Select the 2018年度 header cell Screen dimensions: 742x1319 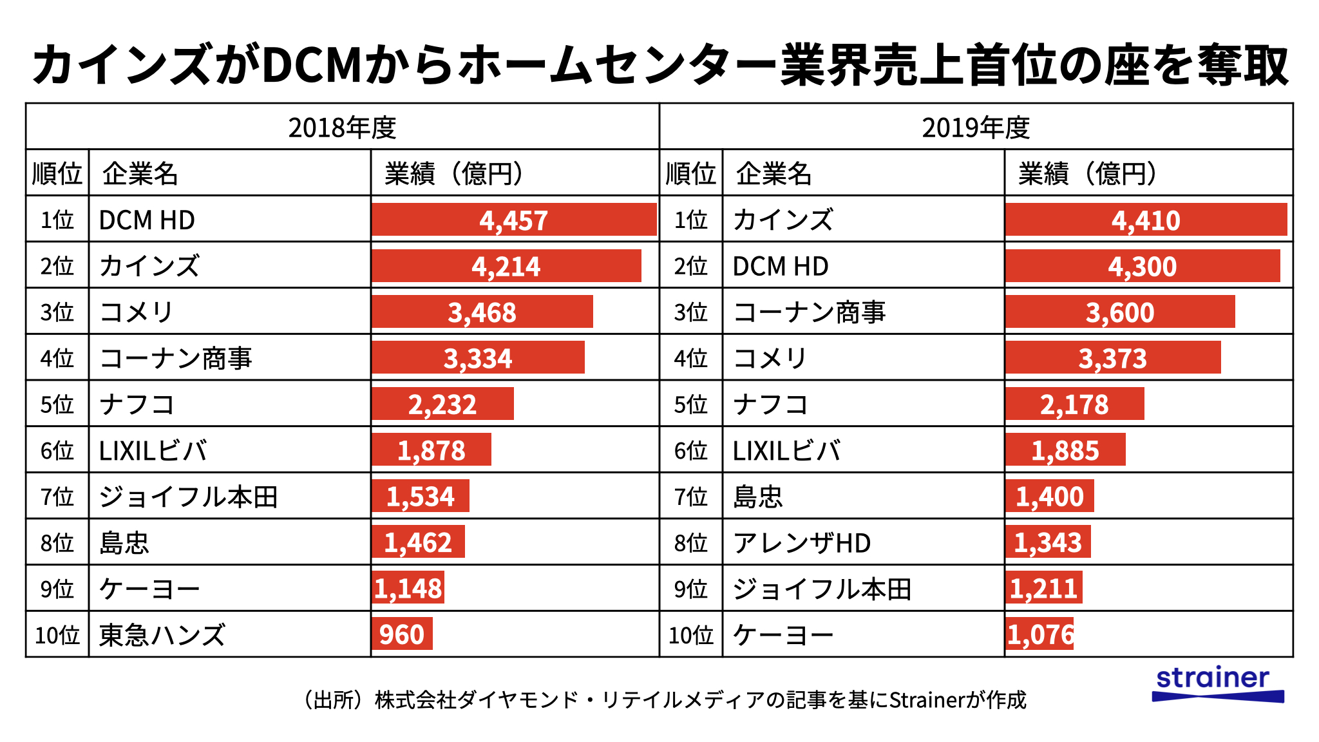[342, 128]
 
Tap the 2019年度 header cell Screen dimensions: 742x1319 [976, 128]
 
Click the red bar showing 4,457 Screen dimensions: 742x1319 [513, 220]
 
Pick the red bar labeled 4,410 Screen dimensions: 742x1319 [1146, 220]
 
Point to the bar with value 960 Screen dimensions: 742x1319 [402, 634]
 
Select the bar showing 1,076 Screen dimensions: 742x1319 [1039, 634]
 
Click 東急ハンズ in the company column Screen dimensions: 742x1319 [162, 635]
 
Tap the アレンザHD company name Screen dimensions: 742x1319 [802, 543]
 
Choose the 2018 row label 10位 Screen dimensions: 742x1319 [57, 635]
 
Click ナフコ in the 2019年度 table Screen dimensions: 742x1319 [771, 404]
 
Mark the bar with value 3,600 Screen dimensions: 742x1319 [1120, 312]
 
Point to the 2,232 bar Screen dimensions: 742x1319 [442, 404]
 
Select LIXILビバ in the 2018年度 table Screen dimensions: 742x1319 [153, 451]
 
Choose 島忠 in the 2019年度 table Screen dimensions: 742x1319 [758, 497]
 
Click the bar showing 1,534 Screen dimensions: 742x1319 [421, 497]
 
